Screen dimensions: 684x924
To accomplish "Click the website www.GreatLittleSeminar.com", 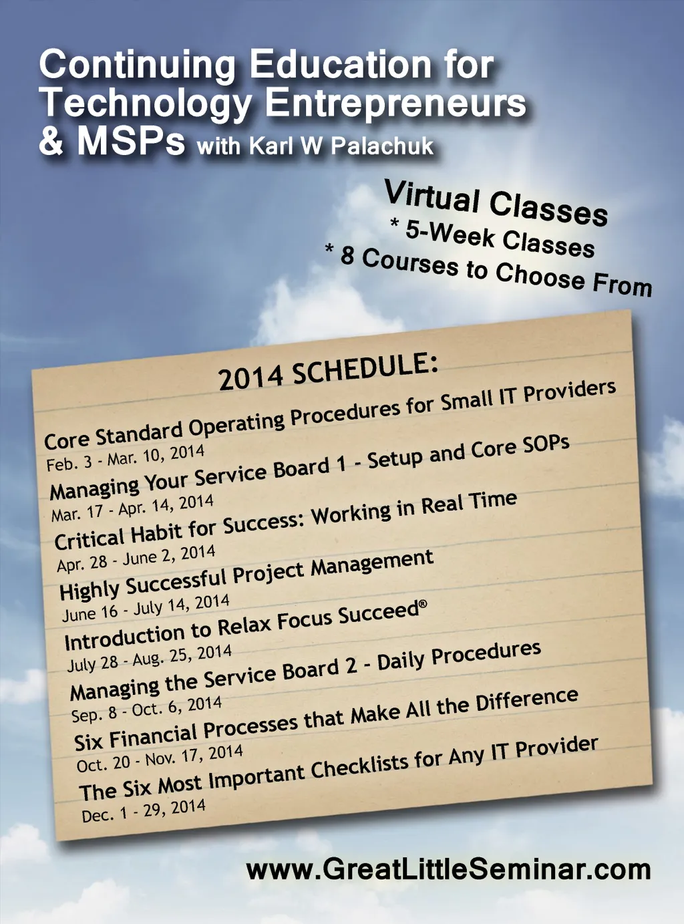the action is click(x=448, y=869).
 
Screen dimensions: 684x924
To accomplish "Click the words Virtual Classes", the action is click(x=495, y=203).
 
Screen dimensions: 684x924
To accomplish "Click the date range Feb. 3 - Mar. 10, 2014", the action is click(x=125, y=457).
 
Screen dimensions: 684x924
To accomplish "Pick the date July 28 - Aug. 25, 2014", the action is click(x=150, y=658).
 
